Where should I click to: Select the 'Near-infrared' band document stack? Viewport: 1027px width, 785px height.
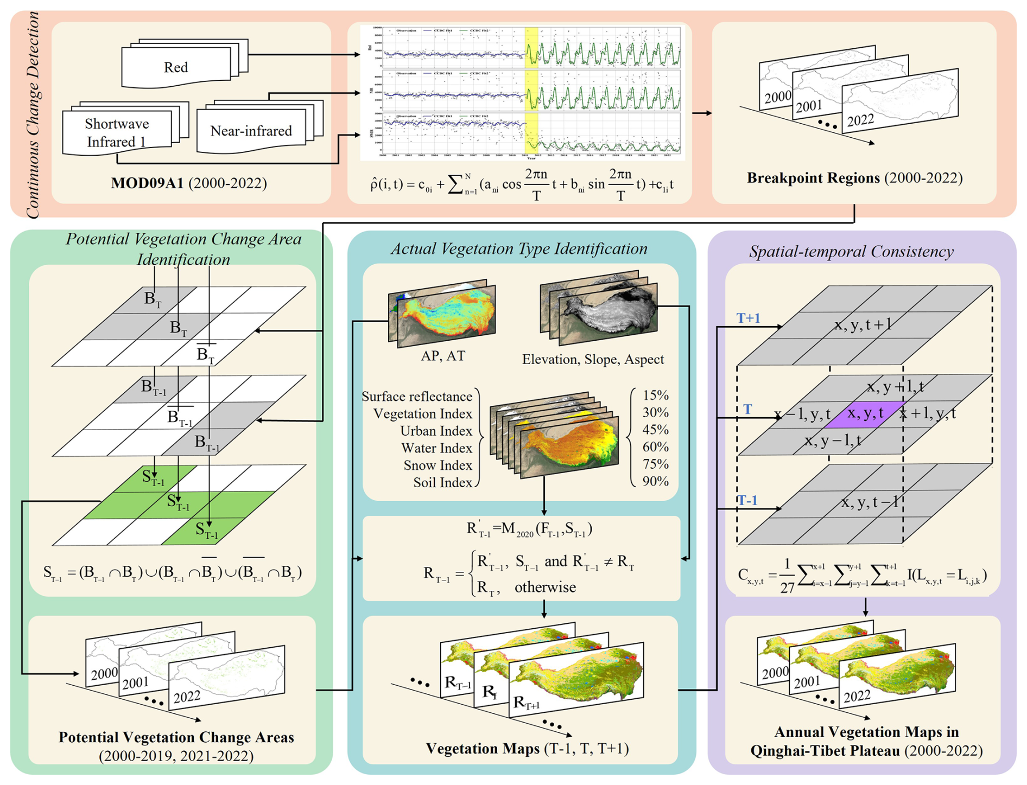pyautogui.click(x=251, y=131)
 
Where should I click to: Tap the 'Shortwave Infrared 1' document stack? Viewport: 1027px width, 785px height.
pyautogui.click(x=117, y=132)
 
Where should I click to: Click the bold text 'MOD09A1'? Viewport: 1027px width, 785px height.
pyautogui.click(x=147, y=183)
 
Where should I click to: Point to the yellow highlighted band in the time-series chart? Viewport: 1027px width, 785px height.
pyautogui.click(x=531, y=92)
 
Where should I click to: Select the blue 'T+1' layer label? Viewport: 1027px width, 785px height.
pyautogui.click(x=748, y=318)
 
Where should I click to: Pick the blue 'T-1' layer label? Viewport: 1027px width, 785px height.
pyautogui.click(x=747, y=500)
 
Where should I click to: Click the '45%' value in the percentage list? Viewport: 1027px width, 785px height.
pyautogui.click(x=655, y=430)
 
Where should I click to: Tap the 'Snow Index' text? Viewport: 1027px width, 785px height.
pyautogui.click(x=438, y=465)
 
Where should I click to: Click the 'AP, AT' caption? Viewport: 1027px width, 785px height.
pyautogui.click(x=443, y=356)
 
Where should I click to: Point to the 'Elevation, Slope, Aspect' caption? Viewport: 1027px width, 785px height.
pyautogui.click(x=593, y=359)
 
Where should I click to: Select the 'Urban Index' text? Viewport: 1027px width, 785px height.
pyautogui.click(x=436, y=431)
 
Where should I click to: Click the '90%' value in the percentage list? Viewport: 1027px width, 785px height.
pyautogui.click(x=655, y=481)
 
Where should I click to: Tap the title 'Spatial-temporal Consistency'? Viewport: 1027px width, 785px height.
pyautogui.click(x=851, y=252)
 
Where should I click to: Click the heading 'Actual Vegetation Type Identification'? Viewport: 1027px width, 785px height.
pyautogui.click(x=519, y=249)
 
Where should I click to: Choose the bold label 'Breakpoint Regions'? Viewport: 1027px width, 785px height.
pyautogui.click(x=813, y=178)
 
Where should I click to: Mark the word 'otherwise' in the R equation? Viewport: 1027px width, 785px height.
pyautogui.click(x=545, y=588)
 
